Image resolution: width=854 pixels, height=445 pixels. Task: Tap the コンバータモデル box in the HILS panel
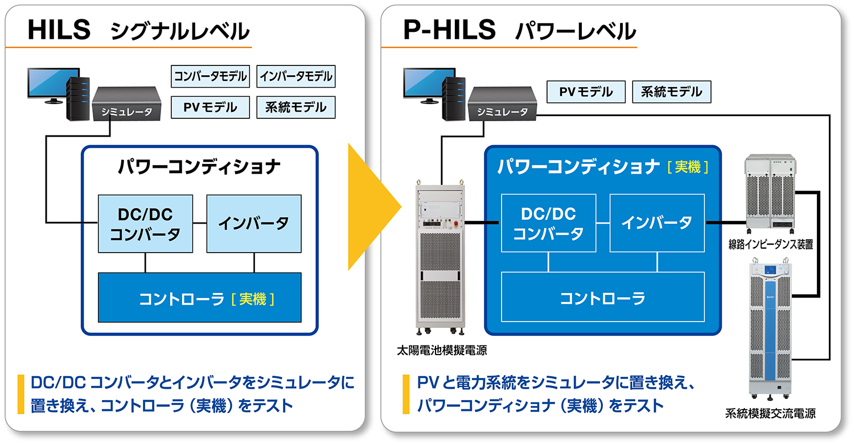[x=210, y=76]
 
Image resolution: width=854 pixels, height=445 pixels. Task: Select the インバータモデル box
[x=296, y=76]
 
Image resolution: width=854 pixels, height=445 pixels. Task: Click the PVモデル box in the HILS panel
[x=210, y=107]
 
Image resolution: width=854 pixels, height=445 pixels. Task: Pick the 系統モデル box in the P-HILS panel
[x=671, y=92]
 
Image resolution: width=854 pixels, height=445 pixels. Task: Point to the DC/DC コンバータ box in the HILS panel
[x=145, y=224]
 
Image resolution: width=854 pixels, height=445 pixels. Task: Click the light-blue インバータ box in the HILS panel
[x=253, y=224]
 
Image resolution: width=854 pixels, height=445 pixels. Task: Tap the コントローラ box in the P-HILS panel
[x=602, y=297]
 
